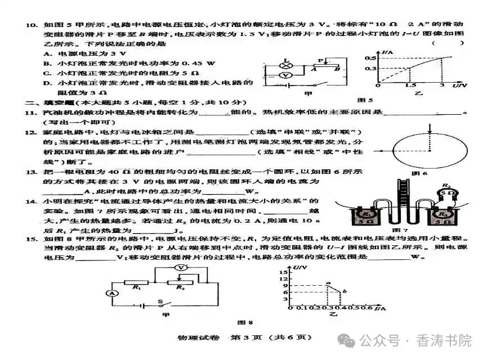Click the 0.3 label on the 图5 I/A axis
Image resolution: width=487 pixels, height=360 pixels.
point(370,69)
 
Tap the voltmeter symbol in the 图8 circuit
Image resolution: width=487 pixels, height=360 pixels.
point(180,269)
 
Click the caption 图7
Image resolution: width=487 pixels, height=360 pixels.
point(398,231)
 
